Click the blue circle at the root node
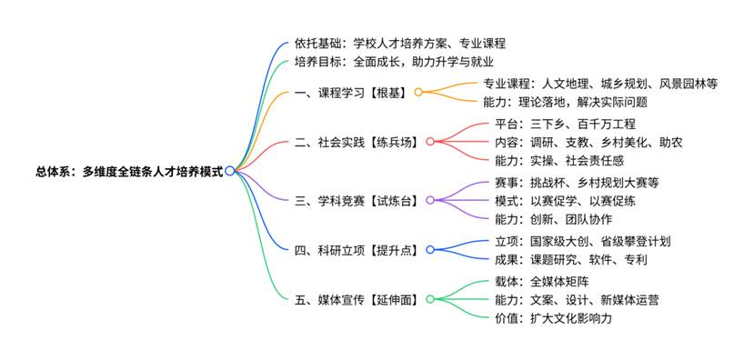(229, 171)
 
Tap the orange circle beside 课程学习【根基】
(418, 92)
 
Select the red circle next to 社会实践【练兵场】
(430, 141)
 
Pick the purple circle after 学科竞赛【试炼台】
(430, 200)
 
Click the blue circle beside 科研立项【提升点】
(430, 249)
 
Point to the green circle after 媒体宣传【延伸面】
(430, 299)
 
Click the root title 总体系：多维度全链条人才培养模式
(129, 171)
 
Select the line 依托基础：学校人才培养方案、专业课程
(400, 44)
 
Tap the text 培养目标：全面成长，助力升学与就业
(395, 62)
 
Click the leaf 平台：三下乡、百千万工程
(565, 124)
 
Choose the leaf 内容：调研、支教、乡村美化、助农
(588, 142)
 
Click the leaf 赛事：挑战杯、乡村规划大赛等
(577, 183)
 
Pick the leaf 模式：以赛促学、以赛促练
(565, 201)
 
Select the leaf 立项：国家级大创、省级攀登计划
(582, 241)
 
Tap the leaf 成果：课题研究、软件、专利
(571, 260)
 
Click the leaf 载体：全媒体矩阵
(541, 281)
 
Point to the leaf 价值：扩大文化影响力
(553, 317)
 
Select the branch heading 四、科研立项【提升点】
(357, 250)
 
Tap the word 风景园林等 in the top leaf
(689, 84)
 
